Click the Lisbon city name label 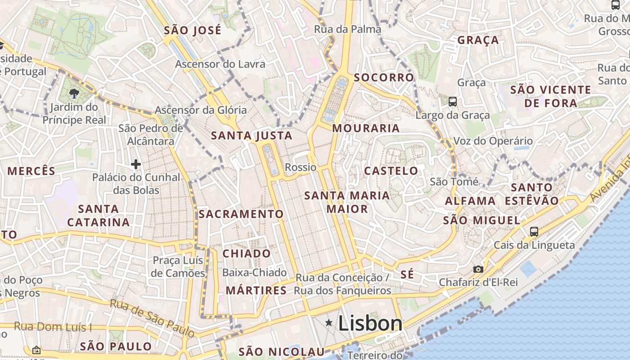(370, 323)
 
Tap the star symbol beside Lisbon (329, 323)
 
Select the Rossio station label (301, 167)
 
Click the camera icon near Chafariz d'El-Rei (478, 269)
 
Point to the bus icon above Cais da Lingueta (534, 232)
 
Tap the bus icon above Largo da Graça (453, 102)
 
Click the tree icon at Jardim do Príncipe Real (74, 94)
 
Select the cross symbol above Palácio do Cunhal (136, 164)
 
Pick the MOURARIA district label (366, 128)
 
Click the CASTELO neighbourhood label (391, 171)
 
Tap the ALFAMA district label (470, 201)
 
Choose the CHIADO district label (247, 253)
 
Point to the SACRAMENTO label (241, 214)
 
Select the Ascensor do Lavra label (220, 64)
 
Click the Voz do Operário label (493, 141)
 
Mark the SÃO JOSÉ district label (193, 31)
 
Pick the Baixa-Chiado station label (254, 272)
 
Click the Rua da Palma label (347, 29)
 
